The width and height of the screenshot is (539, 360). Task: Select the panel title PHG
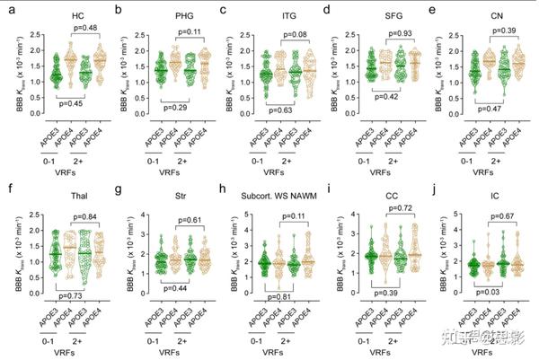tap(171, 16)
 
